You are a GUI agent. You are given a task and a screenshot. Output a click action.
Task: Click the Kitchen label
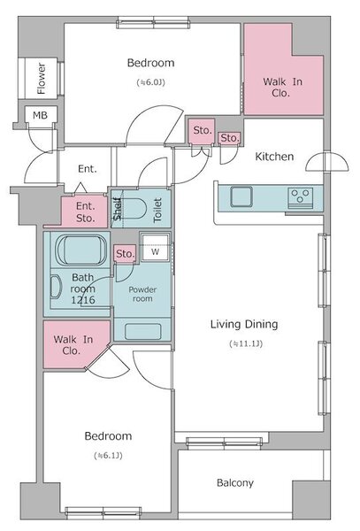(274, 157)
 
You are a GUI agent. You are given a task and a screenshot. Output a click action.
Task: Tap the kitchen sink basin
(241, 196)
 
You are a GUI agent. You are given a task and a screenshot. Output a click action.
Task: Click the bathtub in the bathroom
(80, 250)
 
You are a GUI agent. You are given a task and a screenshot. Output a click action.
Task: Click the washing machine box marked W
(155, 247)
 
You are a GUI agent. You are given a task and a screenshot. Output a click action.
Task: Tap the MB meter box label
(40, 115)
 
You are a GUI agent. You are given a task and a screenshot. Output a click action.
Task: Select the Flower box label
(41, 79)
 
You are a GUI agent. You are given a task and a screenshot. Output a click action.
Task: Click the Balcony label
(234, 482)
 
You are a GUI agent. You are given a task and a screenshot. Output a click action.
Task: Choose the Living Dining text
(244, 325)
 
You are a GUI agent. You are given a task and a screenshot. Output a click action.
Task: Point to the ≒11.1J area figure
(246, 343)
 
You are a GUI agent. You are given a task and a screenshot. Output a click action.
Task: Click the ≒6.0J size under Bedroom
(151, 82)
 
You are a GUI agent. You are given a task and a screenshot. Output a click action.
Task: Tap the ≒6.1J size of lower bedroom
(108, 456)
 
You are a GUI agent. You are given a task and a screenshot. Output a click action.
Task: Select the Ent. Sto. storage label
(85, 212)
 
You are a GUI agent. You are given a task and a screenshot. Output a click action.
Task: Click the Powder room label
(142, 295)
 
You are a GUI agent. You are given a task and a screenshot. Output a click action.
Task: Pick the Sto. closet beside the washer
(126, 254)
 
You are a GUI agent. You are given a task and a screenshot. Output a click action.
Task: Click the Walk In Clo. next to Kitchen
(282, 87)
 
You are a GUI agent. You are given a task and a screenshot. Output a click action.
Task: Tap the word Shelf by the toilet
(117, 209)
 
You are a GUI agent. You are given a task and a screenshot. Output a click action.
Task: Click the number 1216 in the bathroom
(83, 300)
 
